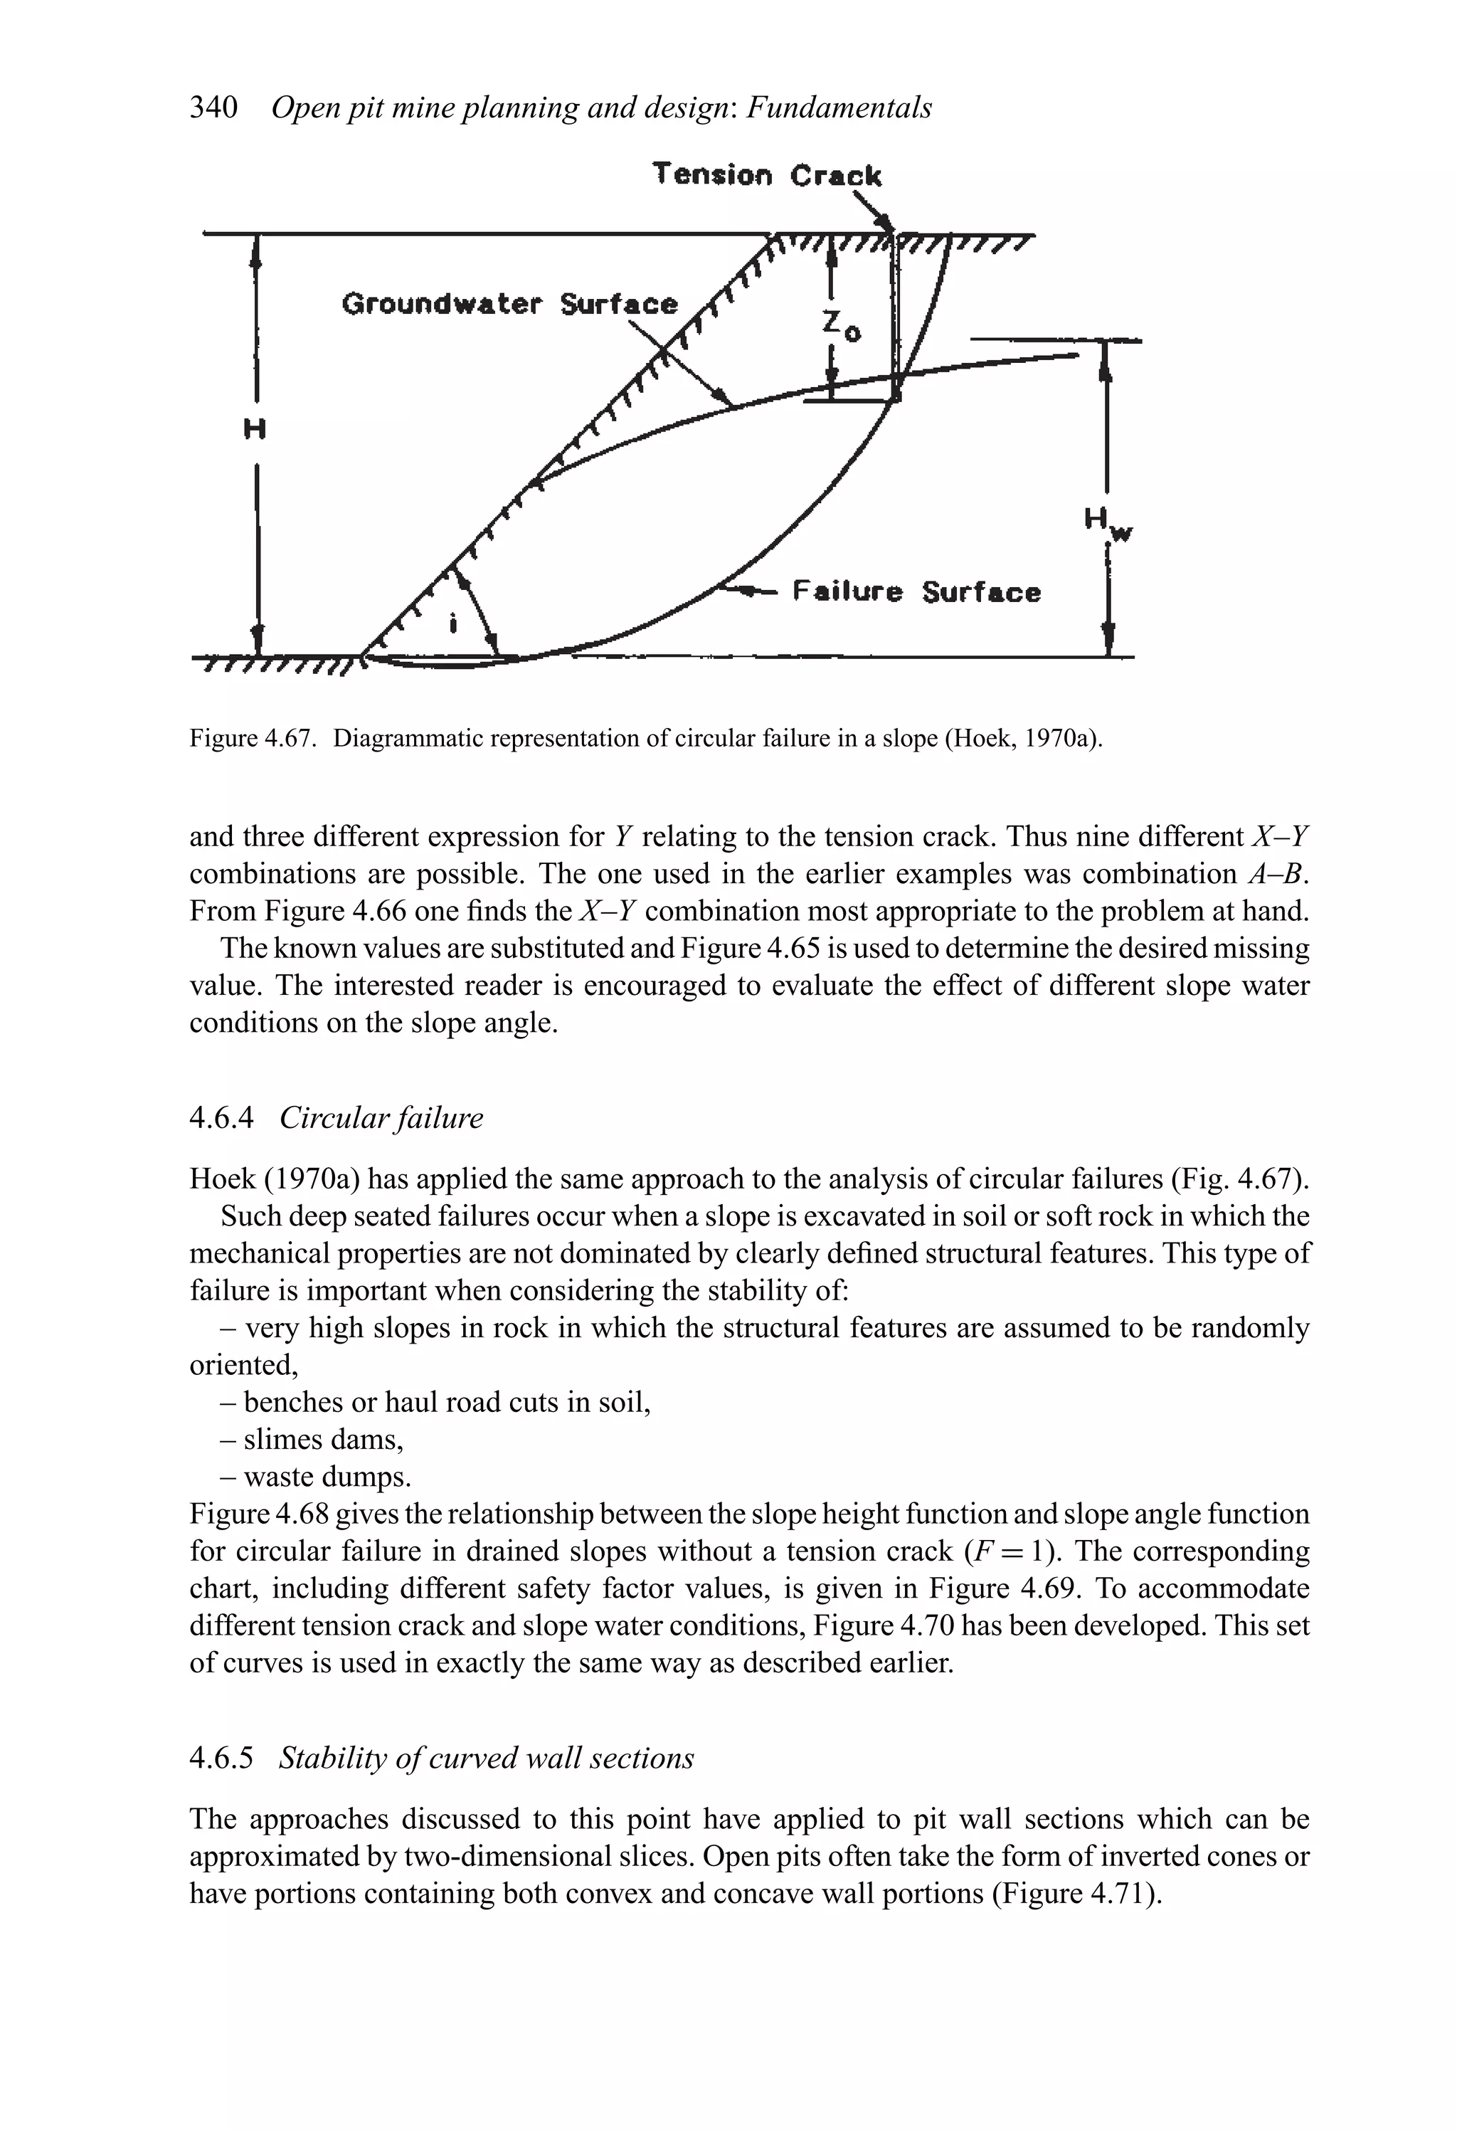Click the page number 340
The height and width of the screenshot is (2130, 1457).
(213, 108)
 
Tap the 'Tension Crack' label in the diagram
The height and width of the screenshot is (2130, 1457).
(766, 174)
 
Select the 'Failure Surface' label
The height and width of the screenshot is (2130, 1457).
(916, 592)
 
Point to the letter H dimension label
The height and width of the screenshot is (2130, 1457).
(255, 428)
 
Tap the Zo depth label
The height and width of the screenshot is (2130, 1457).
(839, 325)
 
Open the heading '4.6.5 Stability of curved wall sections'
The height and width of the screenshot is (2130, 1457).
(441, 1758)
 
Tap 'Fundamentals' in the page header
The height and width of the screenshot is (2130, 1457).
(839, 108)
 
